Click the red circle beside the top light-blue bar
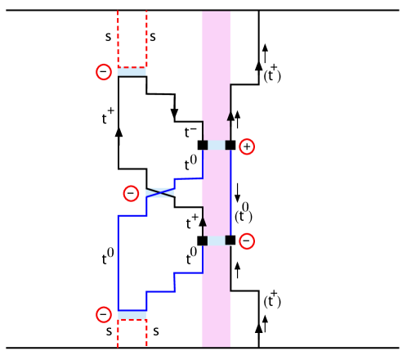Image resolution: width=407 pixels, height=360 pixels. pyautogui.click(x=104, y=72)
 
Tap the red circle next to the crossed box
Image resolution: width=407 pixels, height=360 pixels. pyautogui.click(x=131, y=194)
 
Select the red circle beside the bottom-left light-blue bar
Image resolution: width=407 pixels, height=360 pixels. pyautogui.click(x=104, y=314)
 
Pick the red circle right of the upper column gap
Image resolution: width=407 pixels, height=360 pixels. pyautogui.click(x=247, y=146)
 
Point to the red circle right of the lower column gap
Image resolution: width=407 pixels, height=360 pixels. pyautogui.click(x=247, y=241)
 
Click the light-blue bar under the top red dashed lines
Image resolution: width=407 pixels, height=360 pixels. pyautogui.click(x=132, y=72)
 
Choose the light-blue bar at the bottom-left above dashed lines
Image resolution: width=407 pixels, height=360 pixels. pyautogui.click(x=132, y=315)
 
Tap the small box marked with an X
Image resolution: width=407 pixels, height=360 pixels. pyautogui.click(x=159, y=193)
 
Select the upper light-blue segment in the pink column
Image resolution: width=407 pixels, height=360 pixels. pyautogui.click(x=217, y=145)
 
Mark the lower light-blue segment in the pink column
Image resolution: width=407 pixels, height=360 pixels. pyautogui.click(x=217, y=241)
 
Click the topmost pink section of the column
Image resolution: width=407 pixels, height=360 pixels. pyautogui.click(x=216, y=65)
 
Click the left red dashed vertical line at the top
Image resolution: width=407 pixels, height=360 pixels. pyautogui.click(x=118, y=37)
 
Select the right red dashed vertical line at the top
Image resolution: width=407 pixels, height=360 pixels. pyautogui.click(x=146, y=37)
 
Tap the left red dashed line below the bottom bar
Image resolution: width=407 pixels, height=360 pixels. pyautogui.click(x=118, y=333)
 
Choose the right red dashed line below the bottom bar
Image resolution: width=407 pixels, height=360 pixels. pyautogui.click(x=146, y=333)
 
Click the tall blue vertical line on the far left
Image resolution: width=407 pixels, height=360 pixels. pyautogui.click(x=118, y=262)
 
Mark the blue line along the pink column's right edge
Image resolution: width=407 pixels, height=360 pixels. pyautogui.click(x=230, y=192)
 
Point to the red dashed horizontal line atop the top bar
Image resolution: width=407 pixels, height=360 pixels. pyautogui.click(x=132, y=67)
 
